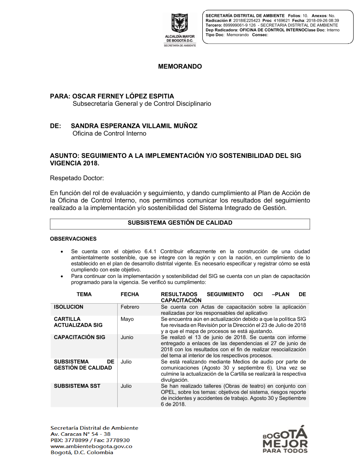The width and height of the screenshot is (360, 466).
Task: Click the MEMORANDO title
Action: click(180, 67)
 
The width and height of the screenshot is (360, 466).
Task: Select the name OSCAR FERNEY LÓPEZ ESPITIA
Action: click(123, 96)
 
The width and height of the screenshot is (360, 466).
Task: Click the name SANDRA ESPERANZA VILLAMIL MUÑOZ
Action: click(134, 126)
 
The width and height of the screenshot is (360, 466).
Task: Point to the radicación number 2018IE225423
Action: click(247, 21)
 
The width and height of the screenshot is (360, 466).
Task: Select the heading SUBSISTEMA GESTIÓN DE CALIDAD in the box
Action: click(180, 223)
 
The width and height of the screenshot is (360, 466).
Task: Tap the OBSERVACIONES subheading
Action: click(73, 239)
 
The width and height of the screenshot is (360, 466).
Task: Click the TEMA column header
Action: click(84, 294)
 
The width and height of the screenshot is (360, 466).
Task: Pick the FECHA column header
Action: click(130, 294)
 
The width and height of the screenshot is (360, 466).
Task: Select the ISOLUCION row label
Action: click(68, 307)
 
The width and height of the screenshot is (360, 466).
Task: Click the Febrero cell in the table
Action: click(130, 307)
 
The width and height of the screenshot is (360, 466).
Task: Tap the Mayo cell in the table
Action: click(127, 319)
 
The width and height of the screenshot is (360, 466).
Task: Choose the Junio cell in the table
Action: click(127, 337)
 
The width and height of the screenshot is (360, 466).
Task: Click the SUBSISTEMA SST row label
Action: click(77, 386)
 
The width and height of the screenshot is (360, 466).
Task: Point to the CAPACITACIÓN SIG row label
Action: click(80, 337)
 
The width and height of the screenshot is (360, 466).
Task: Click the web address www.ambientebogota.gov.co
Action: click(91, 446)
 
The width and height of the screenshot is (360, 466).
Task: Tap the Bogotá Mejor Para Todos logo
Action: click(285, 440)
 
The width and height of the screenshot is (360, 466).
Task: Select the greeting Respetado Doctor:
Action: click(77, 178)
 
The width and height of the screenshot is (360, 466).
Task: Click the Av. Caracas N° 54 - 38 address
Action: click(80, 434)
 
